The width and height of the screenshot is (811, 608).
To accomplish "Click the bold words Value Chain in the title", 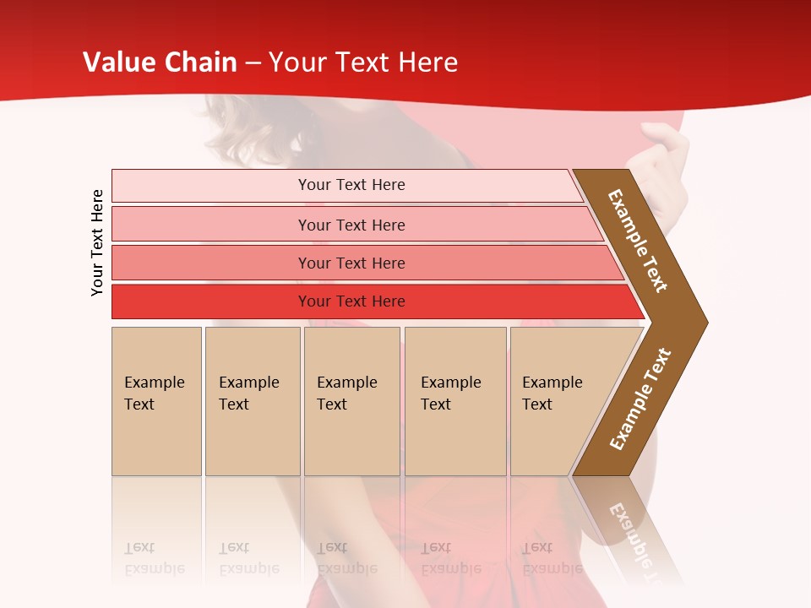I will point(159,62).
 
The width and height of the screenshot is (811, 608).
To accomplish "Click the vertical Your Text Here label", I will point(97,242).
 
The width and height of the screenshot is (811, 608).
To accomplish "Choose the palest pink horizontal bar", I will point(351,185).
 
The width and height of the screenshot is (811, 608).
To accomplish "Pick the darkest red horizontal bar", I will point(351,301).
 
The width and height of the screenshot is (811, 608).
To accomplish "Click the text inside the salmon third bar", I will point(351,263).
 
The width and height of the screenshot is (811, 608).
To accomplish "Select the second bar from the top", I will point(351,225).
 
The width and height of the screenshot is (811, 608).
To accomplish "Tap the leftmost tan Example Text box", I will point(156,401).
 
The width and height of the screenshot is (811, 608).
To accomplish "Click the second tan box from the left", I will point(252,401).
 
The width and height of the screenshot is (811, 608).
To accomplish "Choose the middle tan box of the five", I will point(351,401).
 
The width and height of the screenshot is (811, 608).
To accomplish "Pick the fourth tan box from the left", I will point(454,401).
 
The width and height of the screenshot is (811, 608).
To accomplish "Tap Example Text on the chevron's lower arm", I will point(640,399).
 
